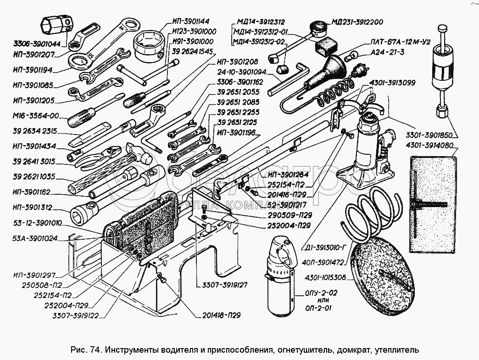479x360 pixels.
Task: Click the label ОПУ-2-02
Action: [x=317, y=292]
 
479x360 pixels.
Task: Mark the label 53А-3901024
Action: [x=35, y=239]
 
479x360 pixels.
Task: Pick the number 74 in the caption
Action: [x=95, y=349]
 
